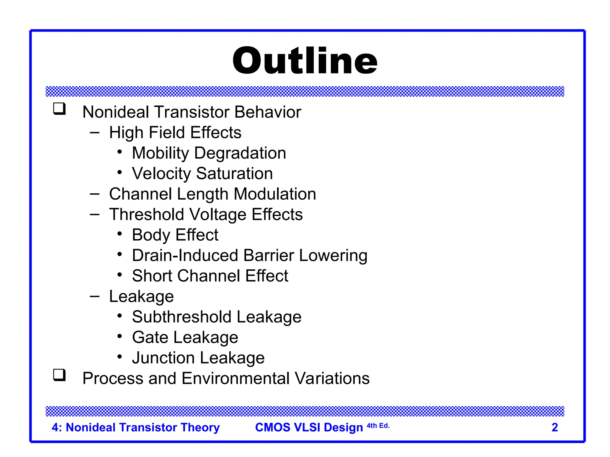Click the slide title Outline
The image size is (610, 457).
[305, 61]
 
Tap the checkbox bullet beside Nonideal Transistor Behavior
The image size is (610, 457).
[59, 109]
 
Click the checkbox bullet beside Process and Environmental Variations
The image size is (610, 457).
[59, 375]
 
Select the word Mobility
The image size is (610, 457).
[160, 153]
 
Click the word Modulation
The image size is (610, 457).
[275, 194]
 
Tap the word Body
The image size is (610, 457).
[151, 235]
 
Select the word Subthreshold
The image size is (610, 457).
[182, 317]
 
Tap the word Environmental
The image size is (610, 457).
[236, 378]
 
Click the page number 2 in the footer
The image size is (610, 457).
[555, 427]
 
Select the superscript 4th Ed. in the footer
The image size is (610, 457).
[378, 426]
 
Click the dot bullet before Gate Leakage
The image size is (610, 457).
[120, 337]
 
